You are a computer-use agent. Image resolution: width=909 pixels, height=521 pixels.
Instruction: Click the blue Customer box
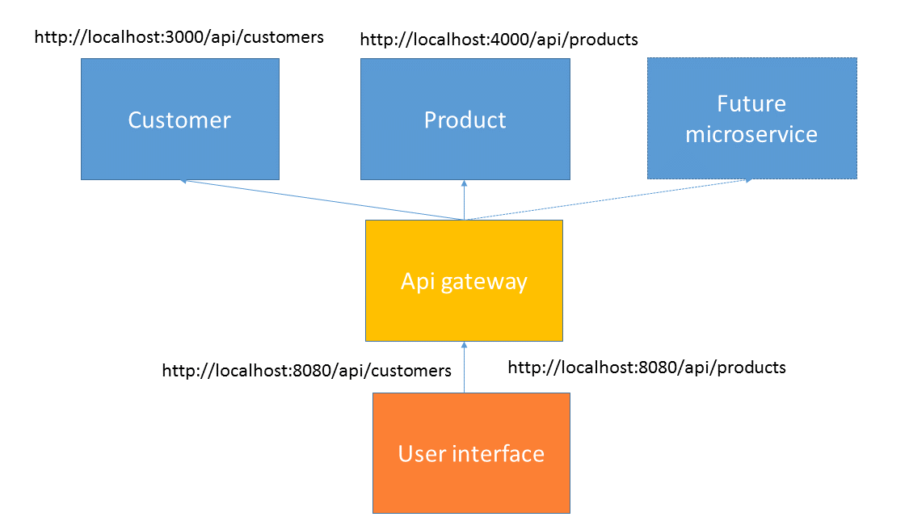coord(179,119)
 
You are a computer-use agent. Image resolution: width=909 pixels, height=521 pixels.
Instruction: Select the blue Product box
coord(465,119)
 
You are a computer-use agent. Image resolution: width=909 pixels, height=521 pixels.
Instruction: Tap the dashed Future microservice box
coord(752,118)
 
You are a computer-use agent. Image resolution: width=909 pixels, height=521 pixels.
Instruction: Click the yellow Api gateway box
coord(464,280)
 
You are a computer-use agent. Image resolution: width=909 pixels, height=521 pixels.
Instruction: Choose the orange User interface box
coord(471,452)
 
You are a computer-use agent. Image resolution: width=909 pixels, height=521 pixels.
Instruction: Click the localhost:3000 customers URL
coord(179,37)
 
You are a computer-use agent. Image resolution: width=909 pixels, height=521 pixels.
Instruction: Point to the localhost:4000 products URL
coord(499,40)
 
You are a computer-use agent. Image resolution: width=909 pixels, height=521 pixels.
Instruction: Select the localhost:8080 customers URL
coord(307,370)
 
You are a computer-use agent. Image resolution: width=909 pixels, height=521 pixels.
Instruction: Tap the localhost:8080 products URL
coord(647,368)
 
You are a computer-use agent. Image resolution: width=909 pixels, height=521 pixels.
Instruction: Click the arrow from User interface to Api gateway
coord(464,367)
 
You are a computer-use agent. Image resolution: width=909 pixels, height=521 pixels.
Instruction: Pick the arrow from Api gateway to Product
coord(464,200)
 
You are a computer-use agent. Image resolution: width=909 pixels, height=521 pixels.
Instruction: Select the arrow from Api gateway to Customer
coord(322,200)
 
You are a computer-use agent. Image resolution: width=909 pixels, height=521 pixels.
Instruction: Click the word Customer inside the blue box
coord(179,120)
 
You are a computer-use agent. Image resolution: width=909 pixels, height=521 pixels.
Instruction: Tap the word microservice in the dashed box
coord(751,134)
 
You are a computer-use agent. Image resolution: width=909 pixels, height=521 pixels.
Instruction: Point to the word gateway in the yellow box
coord(484,282)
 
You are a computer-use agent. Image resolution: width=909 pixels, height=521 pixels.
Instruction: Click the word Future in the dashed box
coord(751,103)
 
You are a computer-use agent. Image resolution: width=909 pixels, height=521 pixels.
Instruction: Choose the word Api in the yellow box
coord(418,282)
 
